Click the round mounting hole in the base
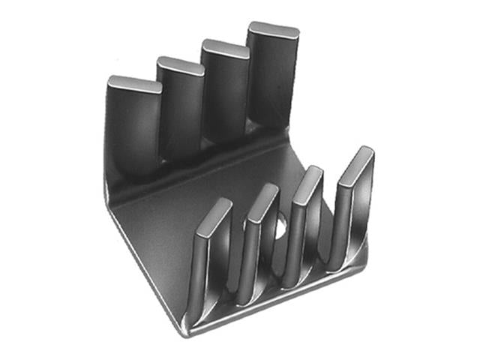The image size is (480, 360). point(280,224)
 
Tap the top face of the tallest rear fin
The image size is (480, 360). point(273,31)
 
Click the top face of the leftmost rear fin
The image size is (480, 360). point(135,83)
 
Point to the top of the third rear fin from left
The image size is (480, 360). point(226,49)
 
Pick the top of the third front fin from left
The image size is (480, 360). point(308,184)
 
